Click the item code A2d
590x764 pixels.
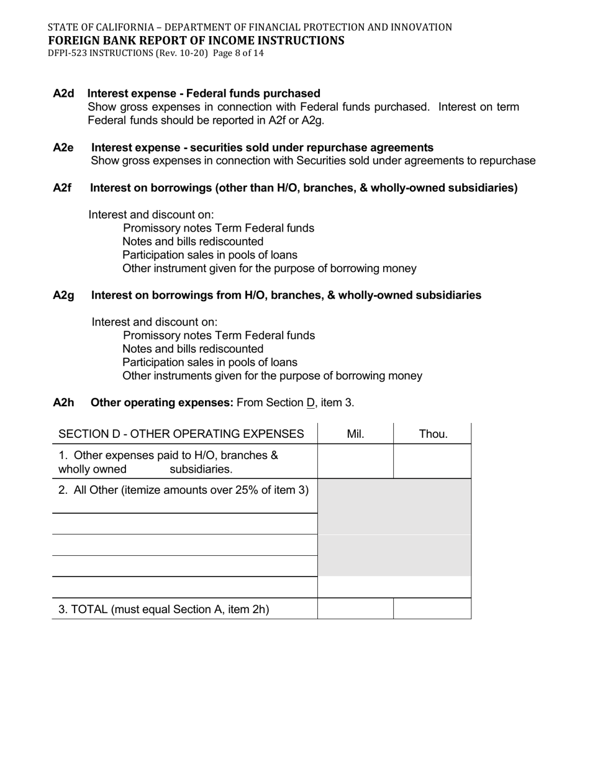(63, 94)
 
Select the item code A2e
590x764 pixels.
(63, 148)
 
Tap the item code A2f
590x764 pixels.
(62, 188)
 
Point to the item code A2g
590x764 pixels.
(63, 296)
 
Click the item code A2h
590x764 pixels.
(63, 402)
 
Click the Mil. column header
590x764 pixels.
(355, 434)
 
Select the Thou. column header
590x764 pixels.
(433, 434)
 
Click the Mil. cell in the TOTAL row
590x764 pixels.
(355, 609)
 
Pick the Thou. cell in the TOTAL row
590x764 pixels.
(432, 609)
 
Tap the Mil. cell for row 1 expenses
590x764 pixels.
(355, 462)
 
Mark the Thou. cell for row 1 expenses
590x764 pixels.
(432, 462)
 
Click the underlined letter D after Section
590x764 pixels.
(311, 402)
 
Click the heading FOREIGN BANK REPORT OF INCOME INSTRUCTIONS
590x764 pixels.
(196, 41)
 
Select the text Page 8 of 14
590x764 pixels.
(238, 53)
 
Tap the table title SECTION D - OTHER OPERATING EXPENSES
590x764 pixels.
(181, 434)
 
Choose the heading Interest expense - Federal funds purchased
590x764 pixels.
(204, 94)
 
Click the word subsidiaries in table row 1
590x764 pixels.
(201, 469)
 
